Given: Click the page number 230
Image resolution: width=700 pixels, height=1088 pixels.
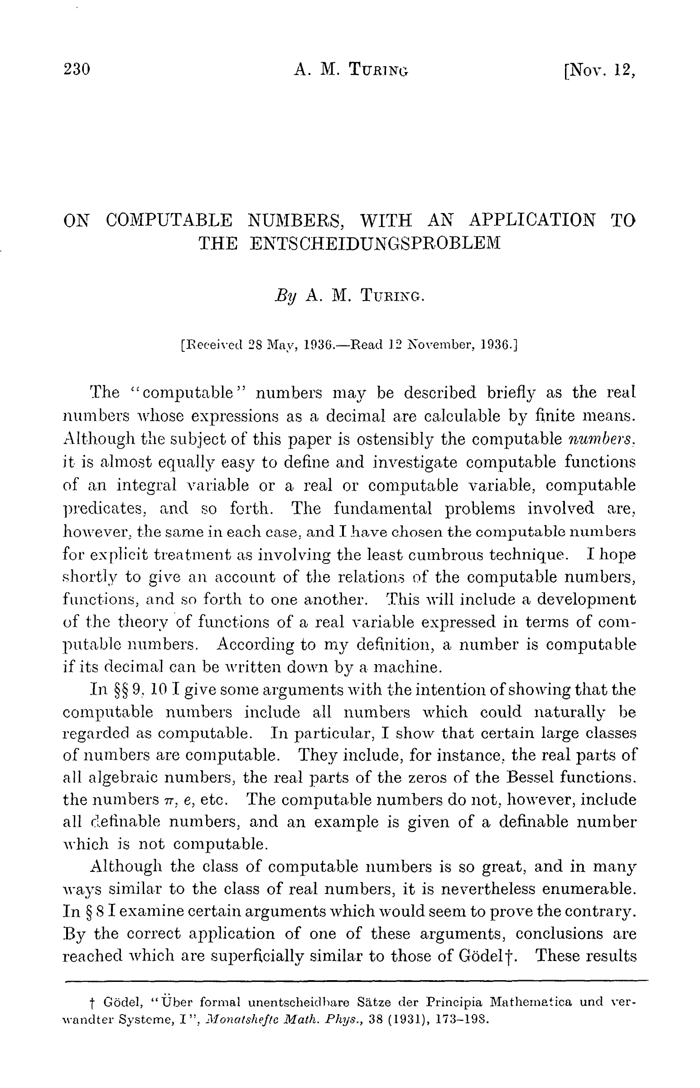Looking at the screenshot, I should tap(77, 69).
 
